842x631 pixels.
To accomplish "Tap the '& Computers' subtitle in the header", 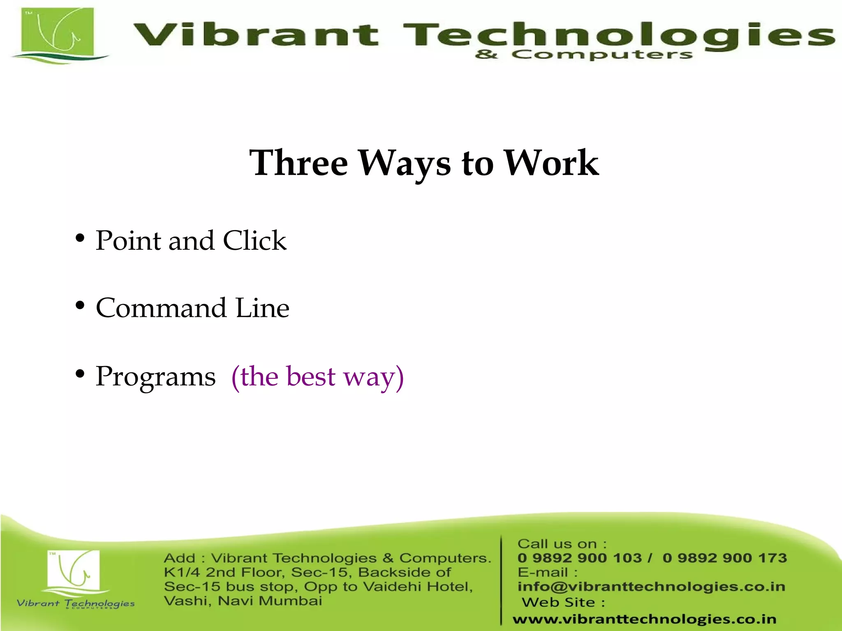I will click(583, 55).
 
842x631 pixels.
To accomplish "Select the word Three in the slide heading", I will click(299, 163).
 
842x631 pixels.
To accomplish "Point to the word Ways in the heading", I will click(405, 164).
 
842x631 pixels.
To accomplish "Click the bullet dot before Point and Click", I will click(80, 238).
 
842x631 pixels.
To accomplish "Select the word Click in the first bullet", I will click(254, 241).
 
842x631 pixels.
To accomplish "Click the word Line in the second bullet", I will click(262, 308).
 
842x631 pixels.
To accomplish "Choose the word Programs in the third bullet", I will click(155, 377).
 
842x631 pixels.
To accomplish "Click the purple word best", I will click(311, 376).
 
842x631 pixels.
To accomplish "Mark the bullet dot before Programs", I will click(80, 374).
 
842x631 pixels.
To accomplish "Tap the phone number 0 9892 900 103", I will click(579, 558).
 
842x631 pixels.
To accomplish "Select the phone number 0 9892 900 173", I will click(724, 558).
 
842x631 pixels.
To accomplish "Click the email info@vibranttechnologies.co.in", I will click(651, 587).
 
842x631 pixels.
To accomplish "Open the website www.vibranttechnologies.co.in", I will click(644, 619).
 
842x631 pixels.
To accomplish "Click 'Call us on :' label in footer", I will click(562, 544).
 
